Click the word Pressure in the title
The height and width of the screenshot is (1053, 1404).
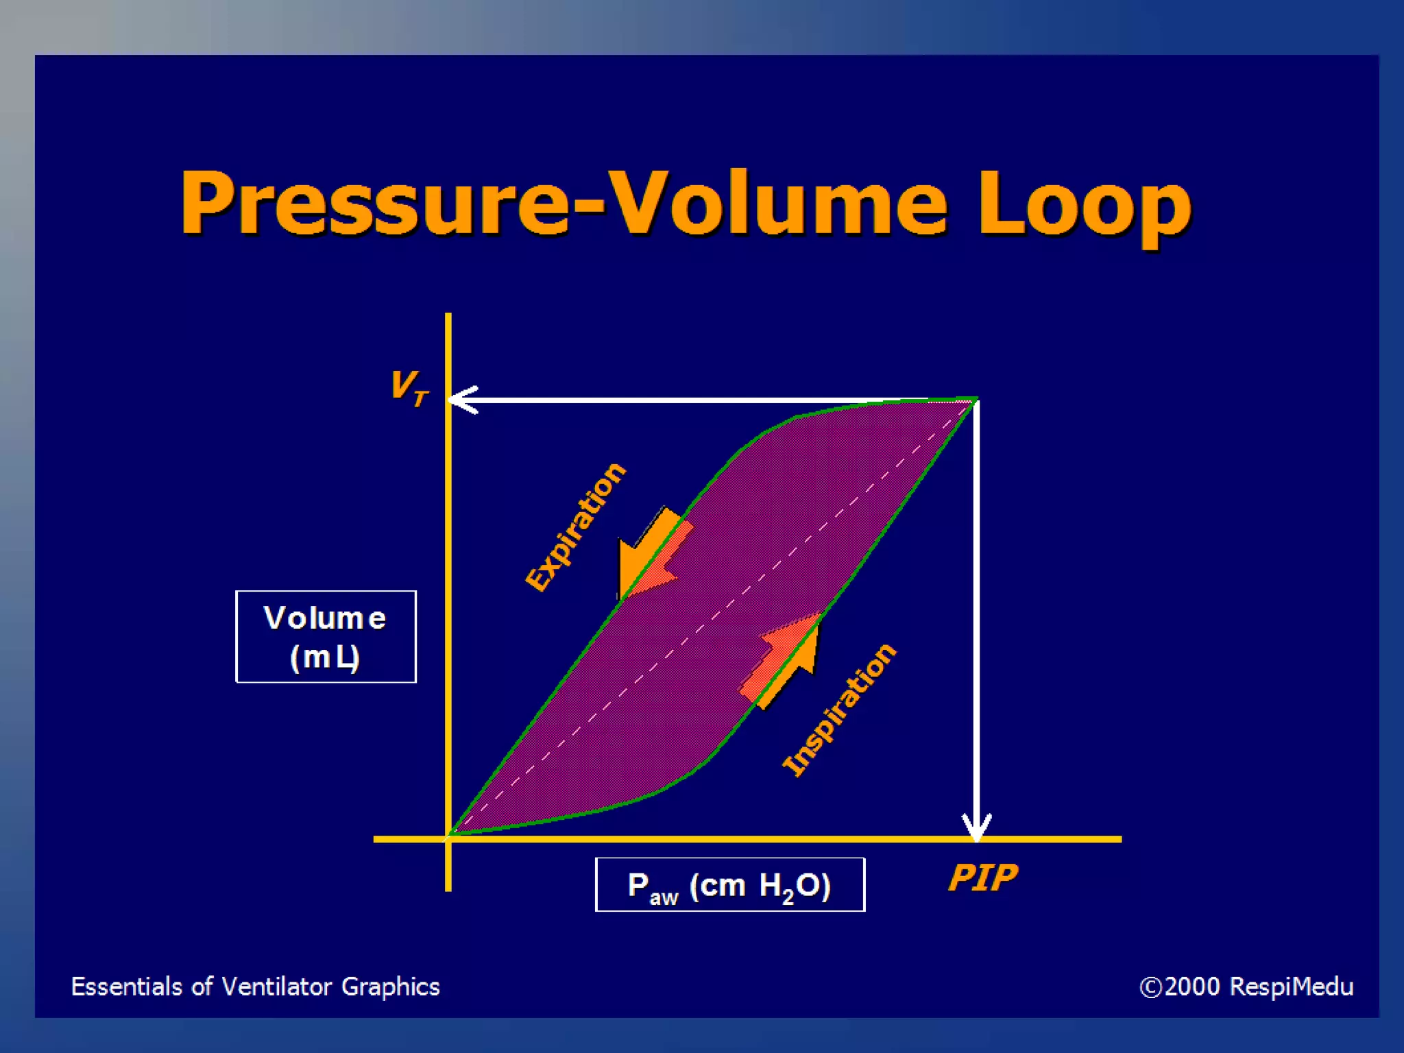[374, 204]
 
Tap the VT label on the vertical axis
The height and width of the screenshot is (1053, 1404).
[409, 387]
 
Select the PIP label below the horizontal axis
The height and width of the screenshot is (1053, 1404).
[982, 877]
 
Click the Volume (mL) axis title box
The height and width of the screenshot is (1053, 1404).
[326, 636]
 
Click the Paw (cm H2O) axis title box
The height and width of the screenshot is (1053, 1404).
[729, 884]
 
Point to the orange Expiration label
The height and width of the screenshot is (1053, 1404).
[574, 526]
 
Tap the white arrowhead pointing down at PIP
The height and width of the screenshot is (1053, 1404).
[976, 826]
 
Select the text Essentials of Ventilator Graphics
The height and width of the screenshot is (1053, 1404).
[255, 987]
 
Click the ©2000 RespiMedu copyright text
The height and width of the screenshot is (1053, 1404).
[1246, 987]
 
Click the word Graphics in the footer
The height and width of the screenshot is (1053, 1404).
[390, 987]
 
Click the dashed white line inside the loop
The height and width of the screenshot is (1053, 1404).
[713, 617]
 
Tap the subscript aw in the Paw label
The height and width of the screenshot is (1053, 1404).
[663, 897]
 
